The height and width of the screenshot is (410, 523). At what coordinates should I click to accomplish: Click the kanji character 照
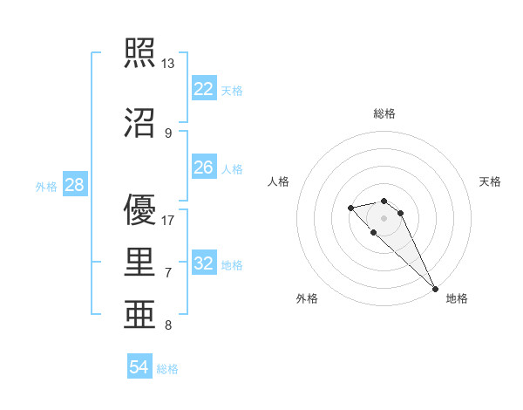[141, 53]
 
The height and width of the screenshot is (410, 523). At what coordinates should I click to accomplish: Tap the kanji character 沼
[141, 122]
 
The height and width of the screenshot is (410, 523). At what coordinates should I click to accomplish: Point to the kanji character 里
[141, 263]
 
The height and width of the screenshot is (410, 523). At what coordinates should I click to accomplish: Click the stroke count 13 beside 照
[168, 64]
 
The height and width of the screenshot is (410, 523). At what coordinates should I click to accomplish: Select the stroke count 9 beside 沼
[167, 133]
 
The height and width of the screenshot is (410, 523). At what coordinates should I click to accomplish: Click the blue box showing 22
[204, 89]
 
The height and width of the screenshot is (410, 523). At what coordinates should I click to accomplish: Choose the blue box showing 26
[204, 167]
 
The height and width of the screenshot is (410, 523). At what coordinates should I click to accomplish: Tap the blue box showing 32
[204, 263]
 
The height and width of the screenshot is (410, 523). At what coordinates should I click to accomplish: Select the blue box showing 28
[74, 185]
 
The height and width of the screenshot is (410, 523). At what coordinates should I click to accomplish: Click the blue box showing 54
[139, 367]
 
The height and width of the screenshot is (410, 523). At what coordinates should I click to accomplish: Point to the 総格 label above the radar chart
[384, 113]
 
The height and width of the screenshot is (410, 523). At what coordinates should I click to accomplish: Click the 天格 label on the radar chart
[490, 181]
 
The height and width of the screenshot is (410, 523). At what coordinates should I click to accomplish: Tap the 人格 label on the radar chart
[279, 181]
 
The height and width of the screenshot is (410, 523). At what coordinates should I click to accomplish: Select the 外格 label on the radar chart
[307, 298]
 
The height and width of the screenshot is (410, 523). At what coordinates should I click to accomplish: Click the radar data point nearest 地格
[435, 289]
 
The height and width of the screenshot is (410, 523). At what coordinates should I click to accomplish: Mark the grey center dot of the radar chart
[384, 217]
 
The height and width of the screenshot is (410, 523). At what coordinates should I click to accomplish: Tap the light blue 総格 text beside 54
[167, 369]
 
